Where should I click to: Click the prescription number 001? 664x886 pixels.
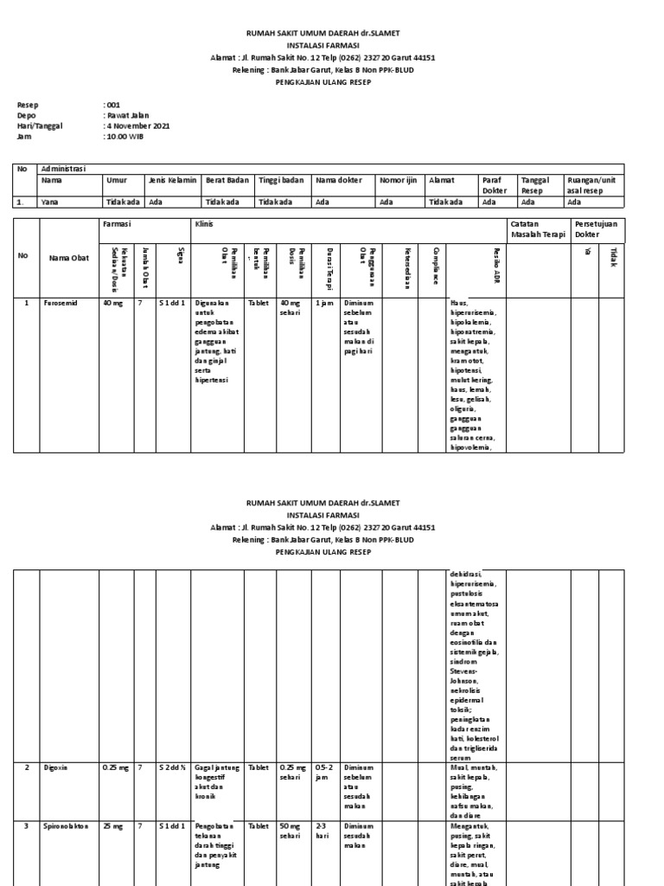(x=113, y=105)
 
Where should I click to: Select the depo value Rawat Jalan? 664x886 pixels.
(x=127, y=115)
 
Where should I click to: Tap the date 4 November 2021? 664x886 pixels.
(x=137, y=125)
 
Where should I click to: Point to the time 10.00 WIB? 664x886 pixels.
(x=124, y=136)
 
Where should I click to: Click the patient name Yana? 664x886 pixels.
(x=50, y=202)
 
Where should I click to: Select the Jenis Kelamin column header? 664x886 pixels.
(x=173, y=180)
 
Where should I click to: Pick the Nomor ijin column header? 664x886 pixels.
(x=397, y=180)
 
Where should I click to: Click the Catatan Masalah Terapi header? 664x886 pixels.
(x=531, y=228)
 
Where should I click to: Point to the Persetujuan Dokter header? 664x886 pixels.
(x=600, y=228)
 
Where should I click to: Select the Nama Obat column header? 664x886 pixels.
(x=68, y=257)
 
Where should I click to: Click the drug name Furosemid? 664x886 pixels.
(x=61, y=304)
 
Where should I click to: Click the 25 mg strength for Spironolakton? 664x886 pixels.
(x=112, y=826)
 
